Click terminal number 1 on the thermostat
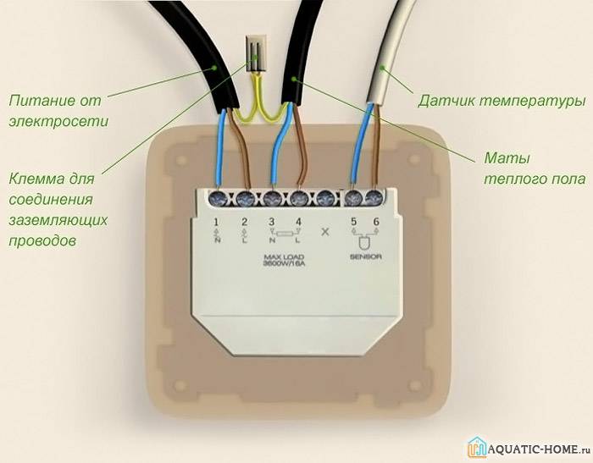coord(216,222)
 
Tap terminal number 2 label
coord(244,222)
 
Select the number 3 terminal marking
coord(272,222)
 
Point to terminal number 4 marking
coord(299,222)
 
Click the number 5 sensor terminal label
coord(353,222)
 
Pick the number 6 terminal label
coord(376,222)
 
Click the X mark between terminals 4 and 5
coord(324,231)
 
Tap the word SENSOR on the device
coord(366,256)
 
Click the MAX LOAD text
coord(284,257)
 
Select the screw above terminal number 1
coord(218,199)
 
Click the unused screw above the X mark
coord(325,199)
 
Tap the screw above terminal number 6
coord(374,198)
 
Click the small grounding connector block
coord(257,53)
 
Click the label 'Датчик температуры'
coord(502,102)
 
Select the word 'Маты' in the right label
coord(507,158)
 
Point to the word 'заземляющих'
coord(58,220)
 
